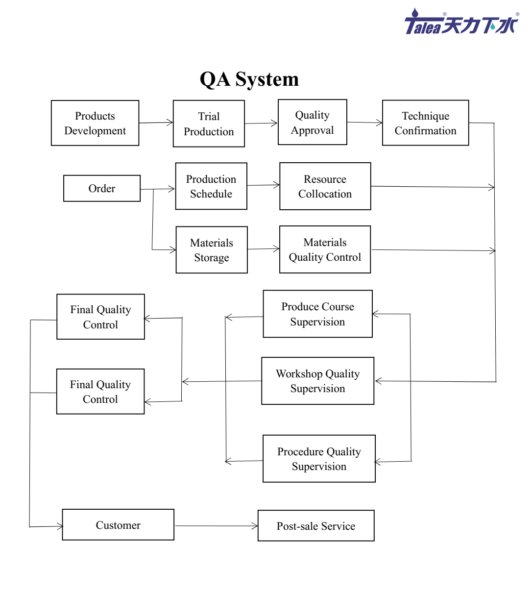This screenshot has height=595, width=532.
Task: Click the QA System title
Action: pyautogui.click(x=249, y=79)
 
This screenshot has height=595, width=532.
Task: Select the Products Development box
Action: pyautogui.click(x=95, y=123)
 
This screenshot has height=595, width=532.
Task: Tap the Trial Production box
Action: pyautogui.click(x=209, y=124)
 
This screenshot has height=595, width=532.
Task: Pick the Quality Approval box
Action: pyautogui.click(x=313, y=122)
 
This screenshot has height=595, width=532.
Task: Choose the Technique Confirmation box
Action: pyautogui.click(x=425, y=123)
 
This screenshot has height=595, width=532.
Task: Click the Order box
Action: pyautogui.click(x=102, y=188)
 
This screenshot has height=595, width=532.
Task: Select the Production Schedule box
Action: pyautogui.click(x=211, y=186)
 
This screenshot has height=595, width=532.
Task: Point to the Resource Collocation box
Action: pyautogui.click(x=325, y=186)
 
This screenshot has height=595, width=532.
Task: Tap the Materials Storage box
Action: pyautogui.click(x=212, y=250)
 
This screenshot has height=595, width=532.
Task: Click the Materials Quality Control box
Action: pyautogui.click(x=325, y=249)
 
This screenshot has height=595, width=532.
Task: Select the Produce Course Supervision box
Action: pyautogui.click(x=317, y=314)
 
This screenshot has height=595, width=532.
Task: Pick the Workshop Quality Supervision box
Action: pyautogui.click(x=317, y=381)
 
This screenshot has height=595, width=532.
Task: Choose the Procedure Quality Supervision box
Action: pyautogui.click(x=319, y=459)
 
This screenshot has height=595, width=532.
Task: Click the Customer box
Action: pyautogui.click(x=118, y=525)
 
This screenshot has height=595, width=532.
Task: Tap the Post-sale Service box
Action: pyautogui.click(x=316, y=526)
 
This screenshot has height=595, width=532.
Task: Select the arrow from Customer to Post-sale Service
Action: pyautogui.click(x=216, y=526)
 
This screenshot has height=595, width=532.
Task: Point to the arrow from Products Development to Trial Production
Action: pyautogui.click(x=156, y=123)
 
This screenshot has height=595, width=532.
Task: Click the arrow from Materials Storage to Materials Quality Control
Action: pyautogui.click(x=263, y=249)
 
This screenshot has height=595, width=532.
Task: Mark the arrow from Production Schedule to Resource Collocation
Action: pyautogui.click(x=263, y=185)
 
